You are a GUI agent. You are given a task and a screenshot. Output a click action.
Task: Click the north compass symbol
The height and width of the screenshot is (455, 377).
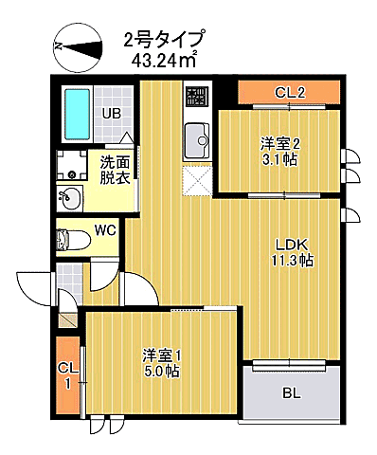[79, 47]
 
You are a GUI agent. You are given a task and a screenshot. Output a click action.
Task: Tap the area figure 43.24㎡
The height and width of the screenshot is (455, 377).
[164, 59]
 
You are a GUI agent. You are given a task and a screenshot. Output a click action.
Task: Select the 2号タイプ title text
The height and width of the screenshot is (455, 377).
[163, 39]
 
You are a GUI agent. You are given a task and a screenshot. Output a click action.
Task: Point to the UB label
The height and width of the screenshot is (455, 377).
[112, 113]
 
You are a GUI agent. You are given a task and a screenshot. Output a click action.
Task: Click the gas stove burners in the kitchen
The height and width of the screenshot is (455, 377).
[197, 97]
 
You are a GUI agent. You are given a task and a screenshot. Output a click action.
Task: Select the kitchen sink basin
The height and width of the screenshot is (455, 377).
[197, 140]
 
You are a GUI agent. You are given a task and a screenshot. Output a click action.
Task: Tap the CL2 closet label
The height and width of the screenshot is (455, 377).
[290, 93]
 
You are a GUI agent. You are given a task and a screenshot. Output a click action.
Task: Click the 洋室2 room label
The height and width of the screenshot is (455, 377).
[279, 145]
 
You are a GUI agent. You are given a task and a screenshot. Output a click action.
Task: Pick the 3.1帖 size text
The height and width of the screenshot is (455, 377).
[279, 160]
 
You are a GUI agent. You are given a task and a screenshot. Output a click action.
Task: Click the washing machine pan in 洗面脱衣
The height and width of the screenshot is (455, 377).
[72, 165]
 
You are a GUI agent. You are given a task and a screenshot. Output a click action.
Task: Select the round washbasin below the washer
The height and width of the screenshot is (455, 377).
[70, 198]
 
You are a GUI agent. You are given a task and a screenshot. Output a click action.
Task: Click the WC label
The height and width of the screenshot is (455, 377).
[106, 230]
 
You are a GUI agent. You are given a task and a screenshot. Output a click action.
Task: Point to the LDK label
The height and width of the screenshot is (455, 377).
[292, 246]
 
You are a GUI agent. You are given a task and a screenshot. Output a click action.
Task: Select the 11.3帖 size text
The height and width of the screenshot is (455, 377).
[293, 261]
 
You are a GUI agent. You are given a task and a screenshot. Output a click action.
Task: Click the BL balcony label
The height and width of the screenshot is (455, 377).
[292, 393]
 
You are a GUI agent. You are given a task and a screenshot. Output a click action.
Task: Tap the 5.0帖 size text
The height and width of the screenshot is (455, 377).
[162, 371]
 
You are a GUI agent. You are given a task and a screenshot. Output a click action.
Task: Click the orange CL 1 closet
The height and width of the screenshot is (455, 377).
[67, 375]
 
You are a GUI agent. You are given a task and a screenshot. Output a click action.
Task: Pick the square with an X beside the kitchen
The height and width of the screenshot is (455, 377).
[197, 181]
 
